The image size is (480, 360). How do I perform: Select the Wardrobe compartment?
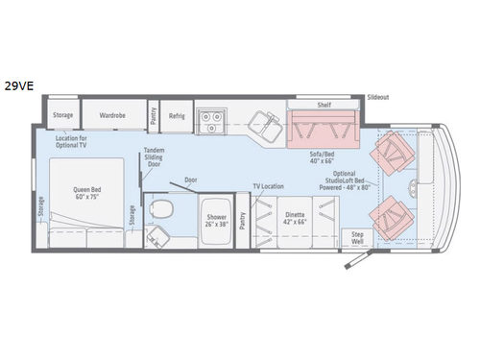[x=112, y=115]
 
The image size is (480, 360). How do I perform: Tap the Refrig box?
[x=176, y=115]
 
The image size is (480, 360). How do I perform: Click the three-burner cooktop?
[x=210, y=119]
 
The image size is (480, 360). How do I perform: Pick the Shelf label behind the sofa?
[x=325, y=105]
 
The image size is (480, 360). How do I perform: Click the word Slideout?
[x=379, y=98]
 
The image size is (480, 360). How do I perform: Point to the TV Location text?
[x=269, y=185]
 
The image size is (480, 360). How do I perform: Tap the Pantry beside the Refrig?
[x=153, y=115]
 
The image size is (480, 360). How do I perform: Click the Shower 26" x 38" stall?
[x=216, y=220]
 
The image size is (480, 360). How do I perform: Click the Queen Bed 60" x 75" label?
[x=87, y=190]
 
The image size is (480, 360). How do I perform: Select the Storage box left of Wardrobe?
[x=63, y=115]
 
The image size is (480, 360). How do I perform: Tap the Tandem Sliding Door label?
[x=154, y=157]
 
